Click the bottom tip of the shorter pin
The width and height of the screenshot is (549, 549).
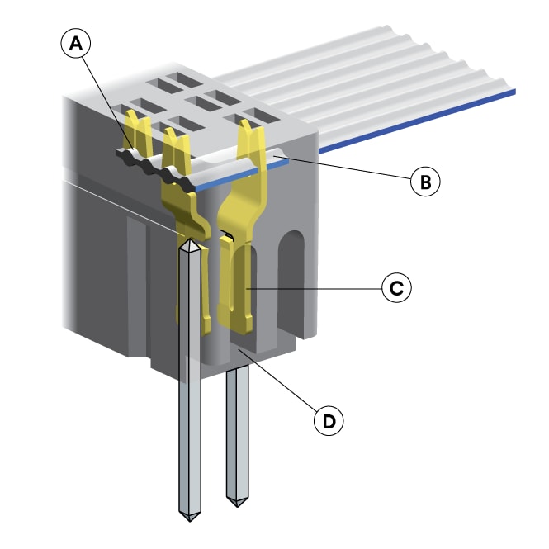tap(239, 504)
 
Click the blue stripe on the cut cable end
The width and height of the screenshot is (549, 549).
tap(239, 176)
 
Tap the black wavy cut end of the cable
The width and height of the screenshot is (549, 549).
tap(157, 165)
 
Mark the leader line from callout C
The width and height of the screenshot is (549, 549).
tap(314, 288)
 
